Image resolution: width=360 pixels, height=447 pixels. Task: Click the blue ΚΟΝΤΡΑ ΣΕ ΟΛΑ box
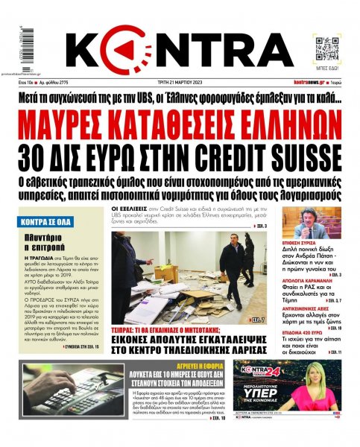click(x=46, y=221)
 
